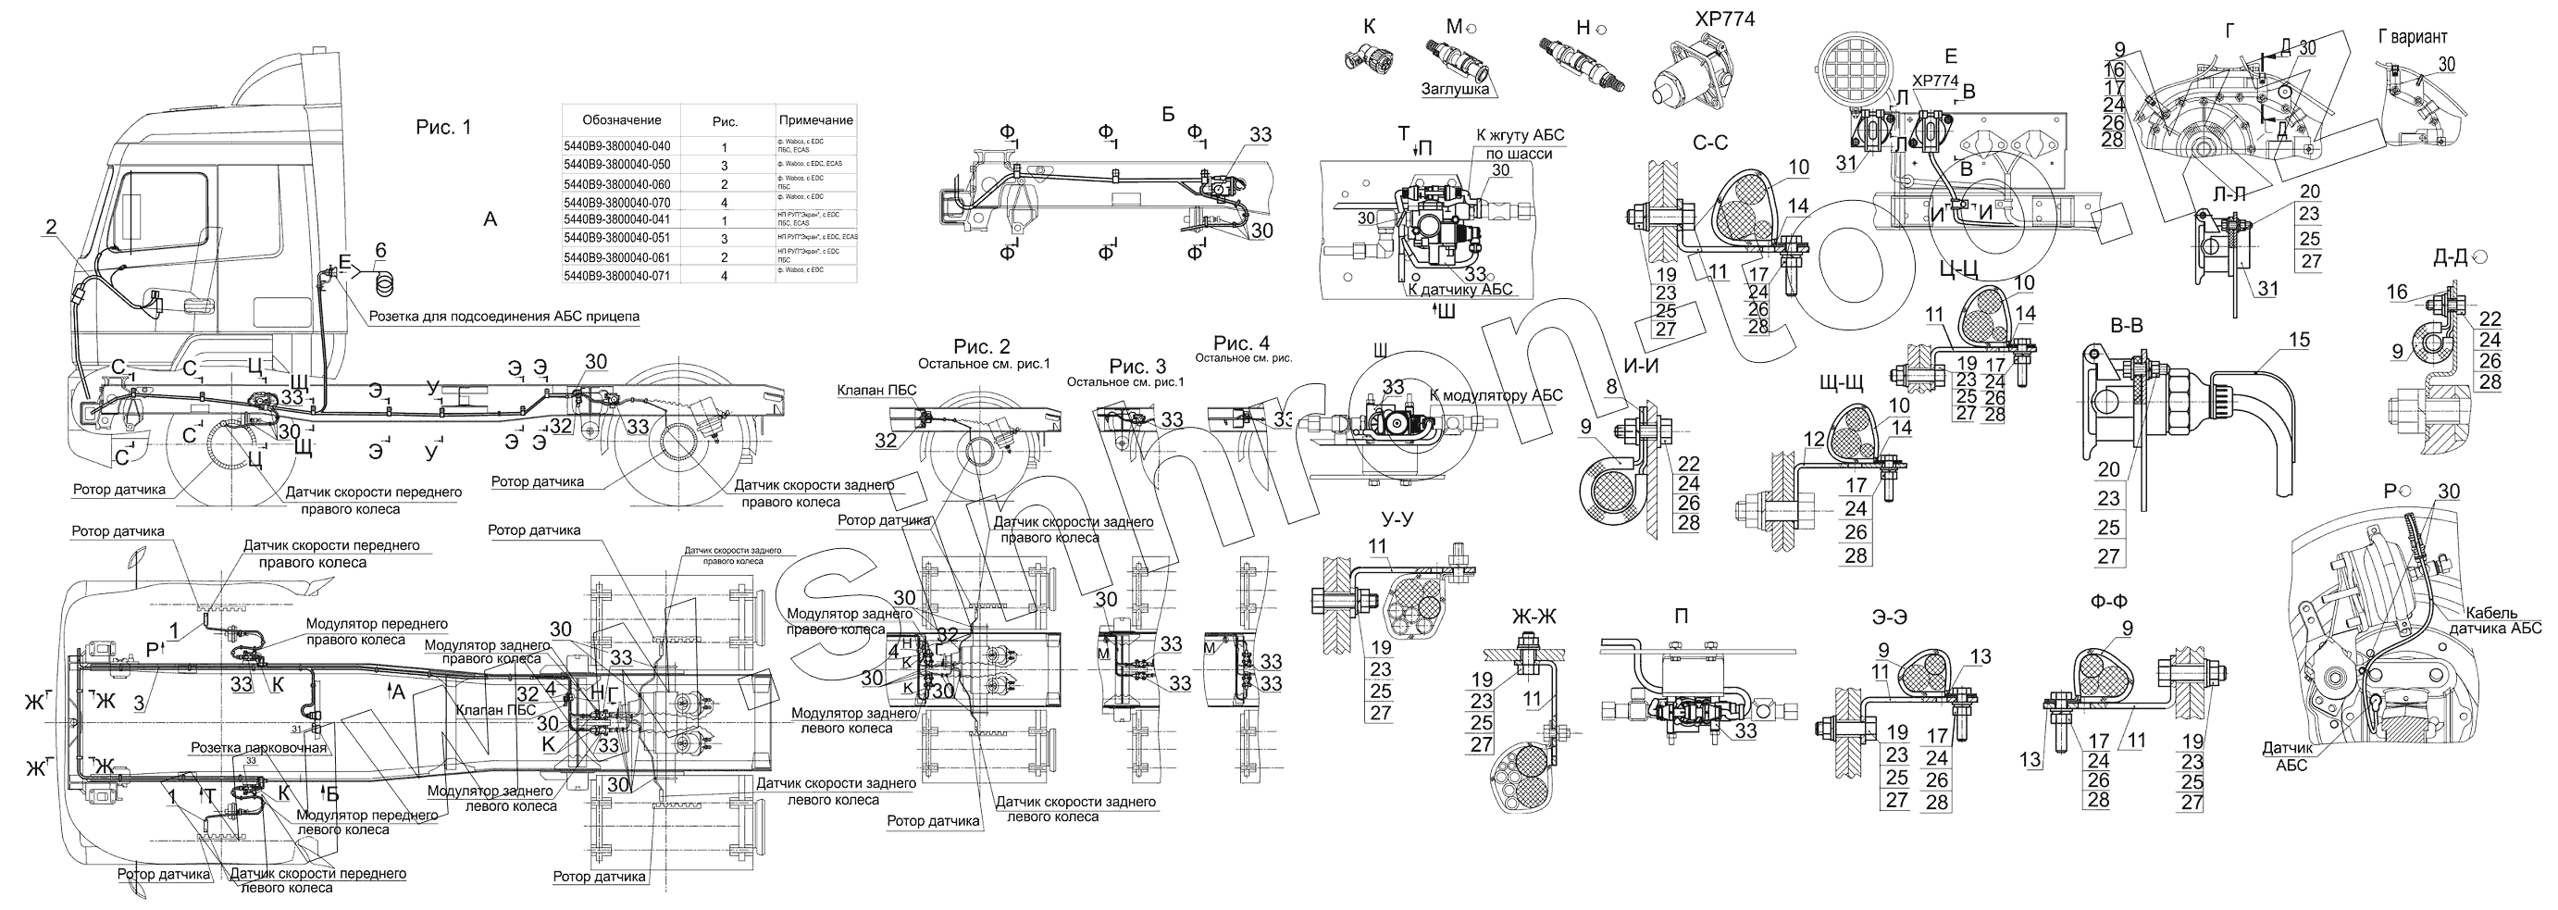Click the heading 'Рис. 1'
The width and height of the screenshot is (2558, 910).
pyautogui.click(x=443, y=127)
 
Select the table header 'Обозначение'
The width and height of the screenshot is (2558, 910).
pyautogui.click(x=622, y=120)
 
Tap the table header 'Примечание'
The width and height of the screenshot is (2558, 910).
pyautogui.click(x=815, y=120)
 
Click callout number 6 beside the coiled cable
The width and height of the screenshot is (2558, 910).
pyautogui.click(x=380, y=249)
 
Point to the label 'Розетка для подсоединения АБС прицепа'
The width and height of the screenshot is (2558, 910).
pyautogui.click(x=504, y=317)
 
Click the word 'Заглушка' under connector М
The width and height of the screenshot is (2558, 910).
pyautogui.click(x=1455, y=90)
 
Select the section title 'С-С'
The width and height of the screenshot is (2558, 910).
pyautogui.click(x=1710, y=143)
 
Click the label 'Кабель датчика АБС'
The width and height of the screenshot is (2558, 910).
pyautogui.click(x=2502, y=620)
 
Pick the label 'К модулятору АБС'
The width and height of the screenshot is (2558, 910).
pyautogui.click(x=1496, y=395)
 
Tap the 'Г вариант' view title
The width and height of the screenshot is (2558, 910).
pyautogui.click(x=2413, y=37)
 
